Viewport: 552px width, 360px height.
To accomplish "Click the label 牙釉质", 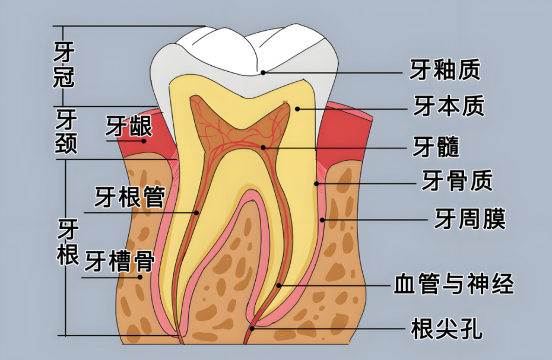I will click(x=445, y=70).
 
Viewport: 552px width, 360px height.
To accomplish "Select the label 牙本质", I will click(x=449, y=106).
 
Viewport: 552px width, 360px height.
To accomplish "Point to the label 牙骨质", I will click(x=457, y=180).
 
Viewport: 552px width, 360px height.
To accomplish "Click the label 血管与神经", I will click(x=453, y=284).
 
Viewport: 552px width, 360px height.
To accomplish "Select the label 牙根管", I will click(x=129, y=197).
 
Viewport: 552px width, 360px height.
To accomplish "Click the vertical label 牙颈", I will click(x=66, y=132).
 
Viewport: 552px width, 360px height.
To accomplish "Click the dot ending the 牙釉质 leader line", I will click(x=264, y=72).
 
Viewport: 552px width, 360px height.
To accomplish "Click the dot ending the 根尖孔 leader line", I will click(x=252, y=328).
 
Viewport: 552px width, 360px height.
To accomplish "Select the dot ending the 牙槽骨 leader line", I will click(x=141, y=276).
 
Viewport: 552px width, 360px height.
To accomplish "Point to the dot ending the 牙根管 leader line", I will click(x=196, y=212).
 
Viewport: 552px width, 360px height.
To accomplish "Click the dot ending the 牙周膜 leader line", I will click(x=322, y=220).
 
